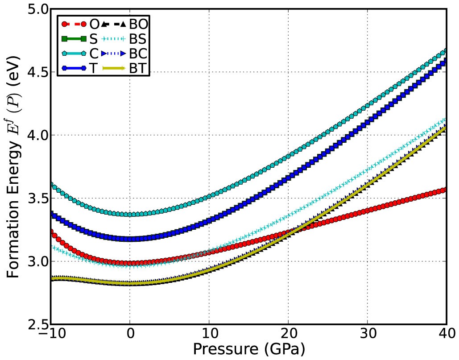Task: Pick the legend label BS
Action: coord(139,39)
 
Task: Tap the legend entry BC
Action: coord(139,54)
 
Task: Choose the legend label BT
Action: coord(139,69)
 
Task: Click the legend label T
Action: coord(94,69)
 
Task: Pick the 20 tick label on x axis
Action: coord(288,334)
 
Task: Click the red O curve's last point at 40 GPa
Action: coord(444,190)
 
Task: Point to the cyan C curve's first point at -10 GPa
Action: coord(52,184)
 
